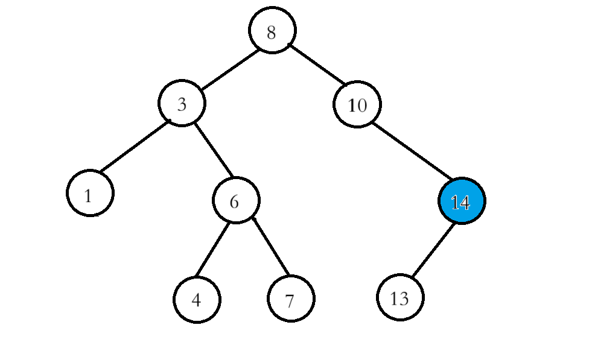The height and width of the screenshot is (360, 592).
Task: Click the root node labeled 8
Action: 272,30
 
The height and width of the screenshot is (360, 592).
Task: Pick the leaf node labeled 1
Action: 90,193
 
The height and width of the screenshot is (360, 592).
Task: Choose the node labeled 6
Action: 236,200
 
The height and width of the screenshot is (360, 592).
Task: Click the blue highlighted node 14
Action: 462,201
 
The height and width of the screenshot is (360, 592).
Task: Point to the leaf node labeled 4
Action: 197,299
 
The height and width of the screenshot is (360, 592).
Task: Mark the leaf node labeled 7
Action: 291,299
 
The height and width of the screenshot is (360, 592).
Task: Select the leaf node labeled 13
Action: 400,297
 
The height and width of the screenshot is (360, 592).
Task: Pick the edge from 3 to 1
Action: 134,148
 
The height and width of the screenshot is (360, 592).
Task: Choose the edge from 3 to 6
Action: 213,150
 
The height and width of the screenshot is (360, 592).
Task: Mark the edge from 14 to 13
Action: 432,249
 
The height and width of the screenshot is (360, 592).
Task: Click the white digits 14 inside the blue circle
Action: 460,203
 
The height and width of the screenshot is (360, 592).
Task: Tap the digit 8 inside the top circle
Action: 271,32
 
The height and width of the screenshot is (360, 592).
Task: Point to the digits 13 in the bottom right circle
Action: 399,298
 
